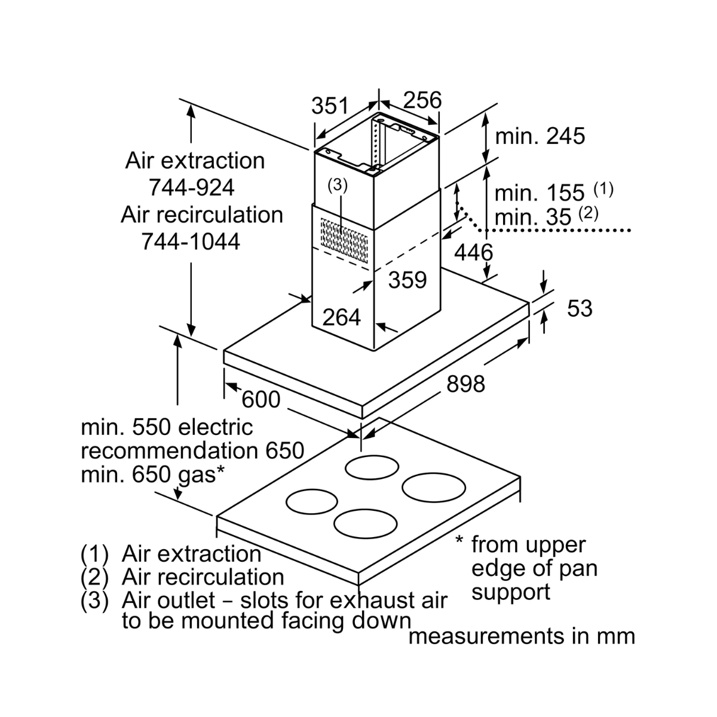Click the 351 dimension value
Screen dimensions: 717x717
tap(330, 106)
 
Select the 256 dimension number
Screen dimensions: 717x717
tap(422, 100)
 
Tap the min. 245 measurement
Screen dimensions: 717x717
tap(540, 136)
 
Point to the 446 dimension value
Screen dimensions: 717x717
tap(473, 253)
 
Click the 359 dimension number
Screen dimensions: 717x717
tap(407, 280)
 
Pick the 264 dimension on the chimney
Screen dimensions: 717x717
tap(342, 317)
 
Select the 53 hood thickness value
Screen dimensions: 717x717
tap(580, 308)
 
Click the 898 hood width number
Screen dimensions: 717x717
tap(466, 384)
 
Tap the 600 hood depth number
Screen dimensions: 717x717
tap(261, 400)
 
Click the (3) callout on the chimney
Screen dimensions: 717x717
tap(338, 185)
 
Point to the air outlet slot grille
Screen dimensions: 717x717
tap(344, 240)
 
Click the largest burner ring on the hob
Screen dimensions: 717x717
tap(433, 487)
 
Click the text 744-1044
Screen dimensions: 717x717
tap(191, 241)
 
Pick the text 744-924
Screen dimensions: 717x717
tap(192, 188)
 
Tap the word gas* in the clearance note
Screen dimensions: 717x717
tap(200, 475)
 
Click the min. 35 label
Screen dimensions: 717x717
tap(532, 217)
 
